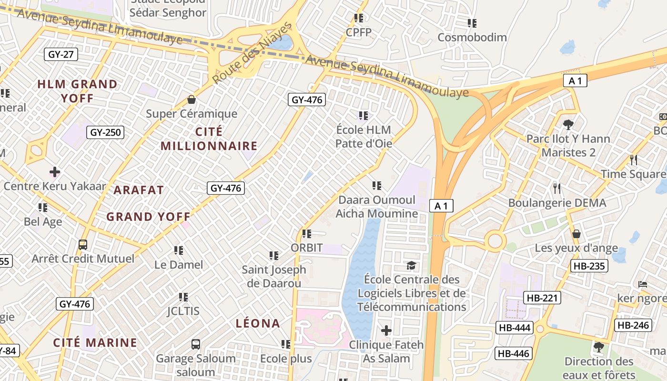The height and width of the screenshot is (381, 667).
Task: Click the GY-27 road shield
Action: click(x=61, y=54)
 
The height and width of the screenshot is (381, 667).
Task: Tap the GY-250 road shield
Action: click(x=105, y=132)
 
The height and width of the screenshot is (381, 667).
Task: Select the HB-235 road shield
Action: click(x=589, y=266)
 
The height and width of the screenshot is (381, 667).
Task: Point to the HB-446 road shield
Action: click(x=513, y=353)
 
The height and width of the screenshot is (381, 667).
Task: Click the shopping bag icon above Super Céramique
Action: click(x=192, y=100)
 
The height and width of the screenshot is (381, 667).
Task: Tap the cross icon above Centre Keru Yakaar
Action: click(x=55, y=171)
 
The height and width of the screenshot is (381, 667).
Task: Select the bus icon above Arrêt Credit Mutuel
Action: click(x=83, y=245)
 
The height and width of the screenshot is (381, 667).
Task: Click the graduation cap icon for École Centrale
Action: click(x=411, y=265)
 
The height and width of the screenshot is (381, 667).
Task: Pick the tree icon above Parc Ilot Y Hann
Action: click(x=568, y=125)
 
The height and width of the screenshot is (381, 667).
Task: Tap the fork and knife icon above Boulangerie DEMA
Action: click(x=557, y=189)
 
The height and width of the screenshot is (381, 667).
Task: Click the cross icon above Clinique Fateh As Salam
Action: click(x=386, y=330)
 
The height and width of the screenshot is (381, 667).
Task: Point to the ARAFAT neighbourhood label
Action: click(x=139, y=190)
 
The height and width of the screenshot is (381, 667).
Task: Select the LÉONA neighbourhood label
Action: click(x=258, y=323)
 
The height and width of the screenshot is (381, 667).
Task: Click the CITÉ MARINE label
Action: click(x=95, y=342)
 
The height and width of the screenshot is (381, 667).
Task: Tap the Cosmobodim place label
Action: click(x=472, y=37)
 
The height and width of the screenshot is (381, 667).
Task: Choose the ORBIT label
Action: click(x=307, y=248)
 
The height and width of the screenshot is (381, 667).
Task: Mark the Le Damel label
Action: click(x=179, y=264)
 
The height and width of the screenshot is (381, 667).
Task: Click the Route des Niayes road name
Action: click(x=252, y=53)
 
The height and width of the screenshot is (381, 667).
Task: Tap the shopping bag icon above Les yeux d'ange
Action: click(x=576, y=234)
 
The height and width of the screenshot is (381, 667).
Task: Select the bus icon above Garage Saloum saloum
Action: click(x=196, y=344)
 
